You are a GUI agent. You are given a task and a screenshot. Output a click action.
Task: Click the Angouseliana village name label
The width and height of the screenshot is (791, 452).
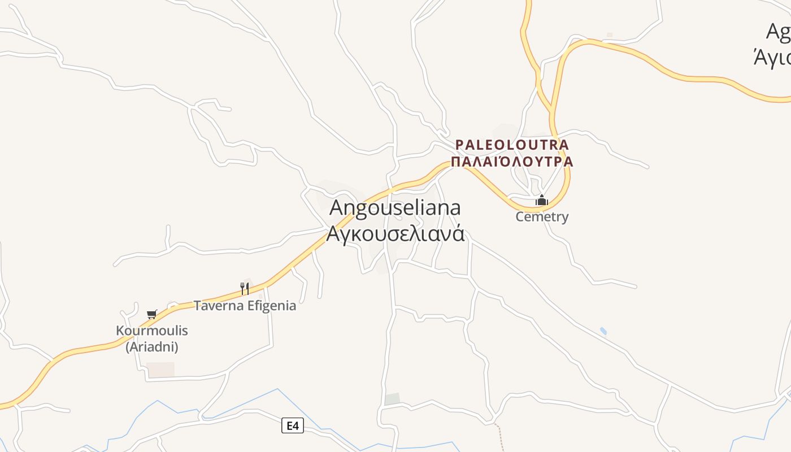tap(395, 207)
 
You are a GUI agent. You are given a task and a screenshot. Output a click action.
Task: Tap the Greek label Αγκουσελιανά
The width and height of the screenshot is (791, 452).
tap(395, 233)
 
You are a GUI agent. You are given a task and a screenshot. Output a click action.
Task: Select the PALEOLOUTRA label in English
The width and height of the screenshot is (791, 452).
tap(512, 145)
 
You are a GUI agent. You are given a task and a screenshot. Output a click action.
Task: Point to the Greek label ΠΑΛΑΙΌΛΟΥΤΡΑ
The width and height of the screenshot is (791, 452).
tap(512, 162)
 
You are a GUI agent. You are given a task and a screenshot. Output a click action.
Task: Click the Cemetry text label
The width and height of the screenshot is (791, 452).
tap(542, 216)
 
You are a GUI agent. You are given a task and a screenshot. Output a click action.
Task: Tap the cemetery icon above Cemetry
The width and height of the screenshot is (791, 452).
tap(542, 200)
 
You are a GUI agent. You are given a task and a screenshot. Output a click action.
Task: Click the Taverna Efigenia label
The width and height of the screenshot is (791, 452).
tap(245, 306)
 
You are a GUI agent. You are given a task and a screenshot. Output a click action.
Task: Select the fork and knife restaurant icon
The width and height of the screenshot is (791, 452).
tap(245, 289)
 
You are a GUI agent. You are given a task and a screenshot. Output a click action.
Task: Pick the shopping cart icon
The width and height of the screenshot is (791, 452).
tap(151, 314)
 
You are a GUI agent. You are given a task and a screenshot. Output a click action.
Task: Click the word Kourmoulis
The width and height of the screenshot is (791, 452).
tap(151, 331)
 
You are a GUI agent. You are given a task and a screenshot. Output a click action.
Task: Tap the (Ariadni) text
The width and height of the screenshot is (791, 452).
tap(151, 347)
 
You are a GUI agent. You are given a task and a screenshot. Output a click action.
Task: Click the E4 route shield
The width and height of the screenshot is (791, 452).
tap(292, 425)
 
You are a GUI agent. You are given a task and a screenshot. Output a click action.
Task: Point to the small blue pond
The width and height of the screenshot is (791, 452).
tap(603, 331)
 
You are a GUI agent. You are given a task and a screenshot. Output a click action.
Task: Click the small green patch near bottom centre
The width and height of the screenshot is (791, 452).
tap(392, 399)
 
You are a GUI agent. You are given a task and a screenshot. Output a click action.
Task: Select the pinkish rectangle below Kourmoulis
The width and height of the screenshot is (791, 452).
tap(160, 370)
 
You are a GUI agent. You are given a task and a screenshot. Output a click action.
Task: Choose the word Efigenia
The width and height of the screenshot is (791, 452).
tap(269, 306)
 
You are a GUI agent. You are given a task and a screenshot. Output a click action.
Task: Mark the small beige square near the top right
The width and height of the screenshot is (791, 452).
tap(610, 35)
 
